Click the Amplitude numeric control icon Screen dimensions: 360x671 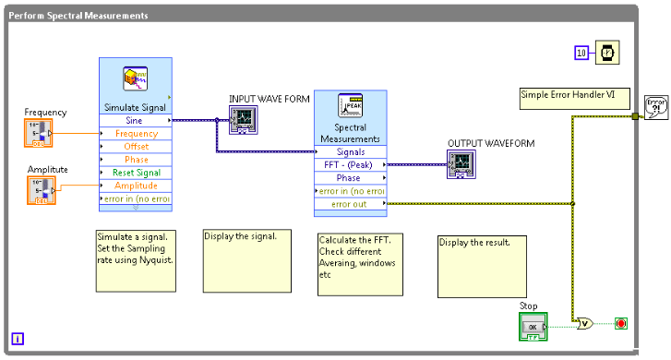41,190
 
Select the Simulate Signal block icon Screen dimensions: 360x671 136,79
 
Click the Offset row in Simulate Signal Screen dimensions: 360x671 136,147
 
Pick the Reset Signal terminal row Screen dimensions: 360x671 136,173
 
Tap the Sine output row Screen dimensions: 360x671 136,120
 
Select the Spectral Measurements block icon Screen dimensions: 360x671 350,109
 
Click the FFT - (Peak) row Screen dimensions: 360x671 350,165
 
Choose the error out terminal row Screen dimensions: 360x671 350,204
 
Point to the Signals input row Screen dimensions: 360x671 350,152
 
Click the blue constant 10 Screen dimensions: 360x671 581,53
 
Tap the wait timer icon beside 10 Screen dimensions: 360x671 607,53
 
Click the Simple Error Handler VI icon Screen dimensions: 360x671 656,108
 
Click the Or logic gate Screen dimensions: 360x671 584,323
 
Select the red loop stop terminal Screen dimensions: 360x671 621,323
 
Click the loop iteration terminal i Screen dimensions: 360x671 18,339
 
